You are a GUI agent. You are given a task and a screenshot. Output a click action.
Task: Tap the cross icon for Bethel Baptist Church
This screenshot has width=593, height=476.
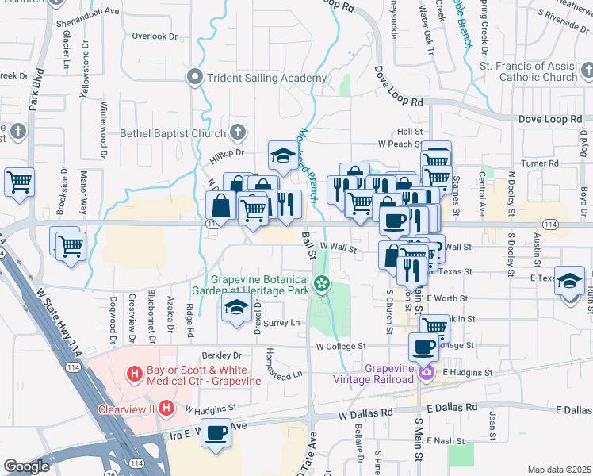[x=237, y=133]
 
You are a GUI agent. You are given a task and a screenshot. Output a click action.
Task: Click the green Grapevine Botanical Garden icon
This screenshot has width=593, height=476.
[x=322, y=284]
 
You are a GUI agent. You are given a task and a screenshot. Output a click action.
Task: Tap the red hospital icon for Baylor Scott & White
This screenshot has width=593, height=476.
[x=134, y=372]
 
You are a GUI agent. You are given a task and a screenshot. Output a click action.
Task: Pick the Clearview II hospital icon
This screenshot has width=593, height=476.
[x=166, y=409]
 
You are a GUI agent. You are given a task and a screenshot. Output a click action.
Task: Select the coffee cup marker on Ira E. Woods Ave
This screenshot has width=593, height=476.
[x=216, y=432]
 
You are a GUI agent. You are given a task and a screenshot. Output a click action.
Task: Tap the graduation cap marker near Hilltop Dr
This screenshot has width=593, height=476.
[x=282, y=155]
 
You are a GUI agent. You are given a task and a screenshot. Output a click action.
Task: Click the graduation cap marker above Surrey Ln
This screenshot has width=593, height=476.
[x=235, y=309]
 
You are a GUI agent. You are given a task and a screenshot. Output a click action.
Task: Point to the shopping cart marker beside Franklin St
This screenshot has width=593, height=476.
[x=434, y=325]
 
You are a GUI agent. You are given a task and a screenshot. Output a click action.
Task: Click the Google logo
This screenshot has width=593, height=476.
[x=27, y=466]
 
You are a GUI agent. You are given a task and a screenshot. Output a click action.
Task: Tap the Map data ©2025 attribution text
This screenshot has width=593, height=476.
[x=559, y=470]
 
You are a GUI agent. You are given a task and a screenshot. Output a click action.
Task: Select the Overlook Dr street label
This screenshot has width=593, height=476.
[x=155, y=36]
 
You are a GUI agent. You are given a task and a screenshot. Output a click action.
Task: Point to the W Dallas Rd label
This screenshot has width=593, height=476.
[x=365, y=414]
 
